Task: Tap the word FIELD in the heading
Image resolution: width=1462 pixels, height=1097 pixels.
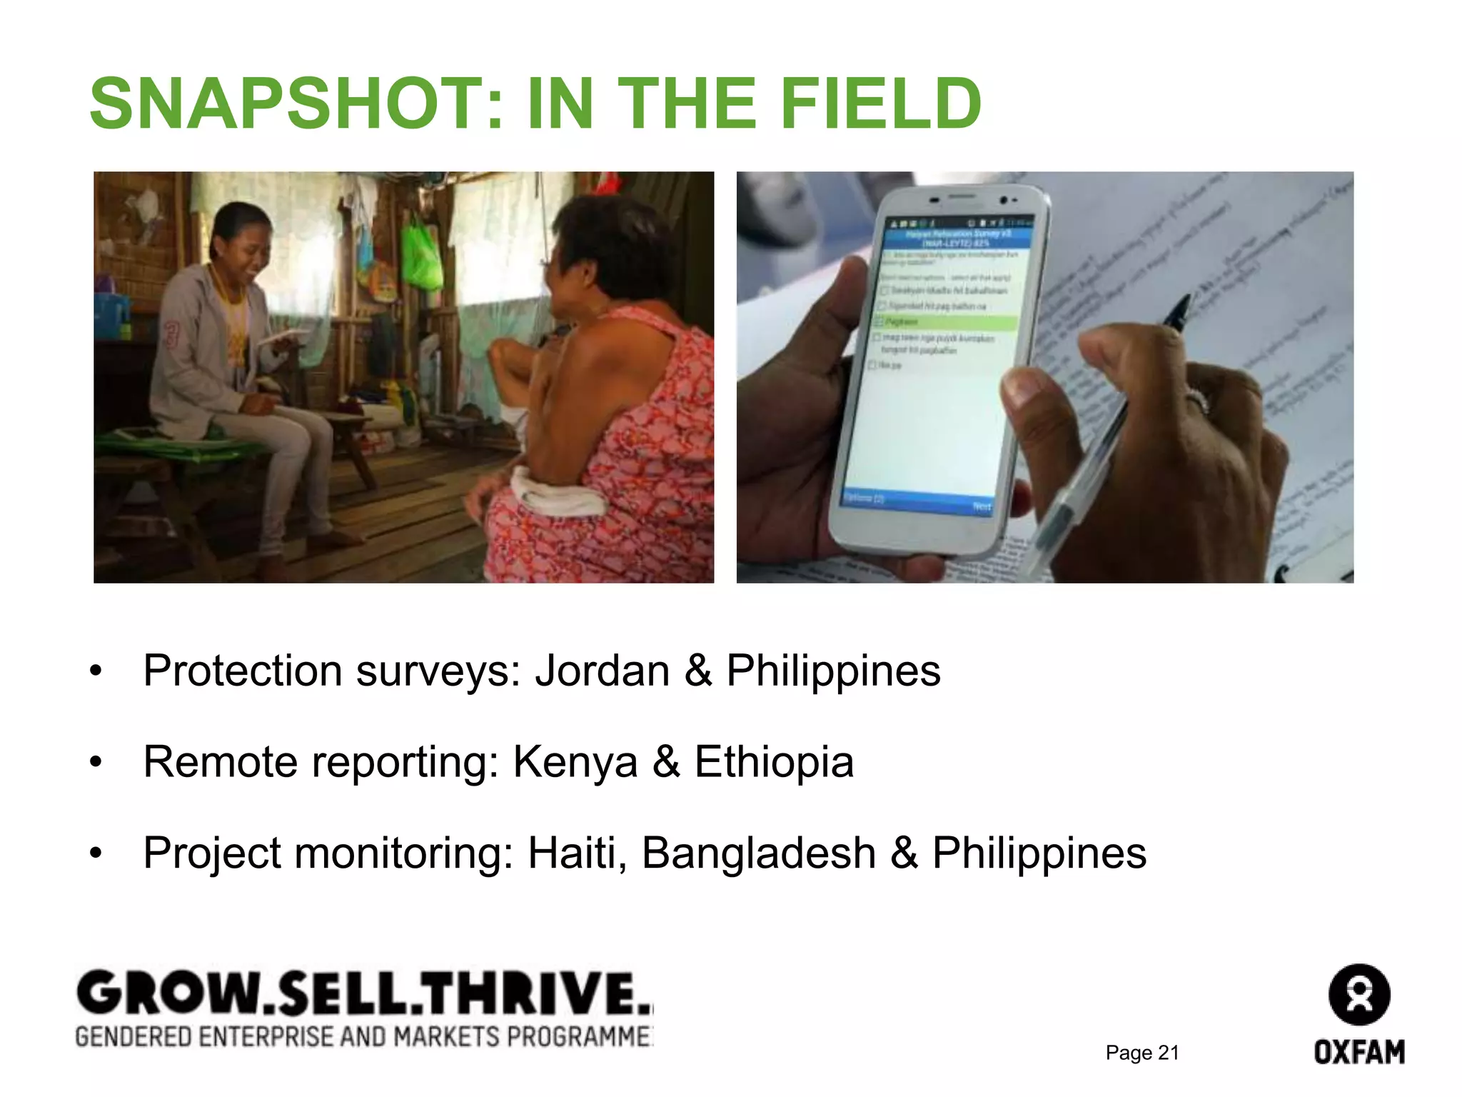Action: pos(881,105)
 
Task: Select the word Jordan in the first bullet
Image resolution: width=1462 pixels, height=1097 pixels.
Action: pos(602,671)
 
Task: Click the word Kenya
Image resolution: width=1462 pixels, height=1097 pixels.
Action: pos(575,761)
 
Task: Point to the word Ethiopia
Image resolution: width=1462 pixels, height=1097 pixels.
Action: pos(774,761)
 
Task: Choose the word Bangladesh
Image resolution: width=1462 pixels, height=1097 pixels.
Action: pos(758,853)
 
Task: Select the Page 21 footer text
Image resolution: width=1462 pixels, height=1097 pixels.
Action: pos(1141,1053)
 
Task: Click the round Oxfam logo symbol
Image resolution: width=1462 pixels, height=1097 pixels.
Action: pos(1359,994)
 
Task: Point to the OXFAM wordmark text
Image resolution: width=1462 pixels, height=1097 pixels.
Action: pos(1359,1052)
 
